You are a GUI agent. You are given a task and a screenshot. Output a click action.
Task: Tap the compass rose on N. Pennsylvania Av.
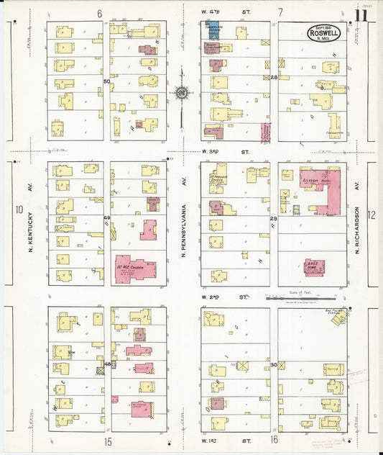click(x=182, y=92)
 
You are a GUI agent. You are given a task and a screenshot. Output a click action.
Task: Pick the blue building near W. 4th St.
click(x=213, y=30)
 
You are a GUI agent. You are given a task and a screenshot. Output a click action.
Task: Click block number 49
click(x=107, y=217)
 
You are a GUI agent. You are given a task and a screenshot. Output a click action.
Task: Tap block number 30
click(x=274, y=366)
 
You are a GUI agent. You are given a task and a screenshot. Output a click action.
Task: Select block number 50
click(x=107, y=81)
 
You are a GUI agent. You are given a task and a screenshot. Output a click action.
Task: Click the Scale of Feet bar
click(x=310, y=297)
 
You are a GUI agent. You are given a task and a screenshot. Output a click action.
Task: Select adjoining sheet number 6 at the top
click(x=99, y=13)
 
